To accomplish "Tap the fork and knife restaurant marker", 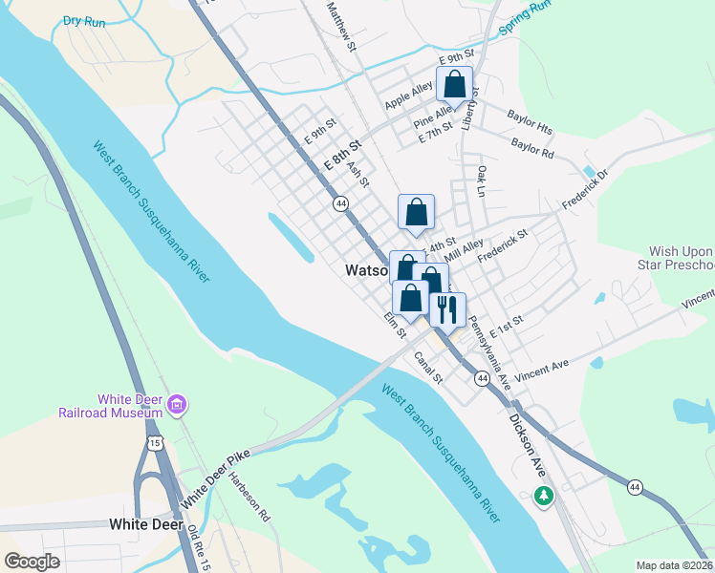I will point(447,308).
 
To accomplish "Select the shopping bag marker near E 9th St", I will point(454,84).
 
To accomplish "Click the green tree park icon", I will point(544,496).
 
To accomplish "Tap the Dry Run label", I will point(84,20).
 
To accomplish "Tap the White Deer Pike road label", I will point(216,479).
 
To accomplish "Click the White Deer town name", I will point(143,524).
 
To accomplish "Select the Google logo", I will point(32,562).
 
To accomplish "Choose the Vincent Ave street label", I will point(541,371).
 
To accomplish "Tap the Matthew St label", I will point(341,26).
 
